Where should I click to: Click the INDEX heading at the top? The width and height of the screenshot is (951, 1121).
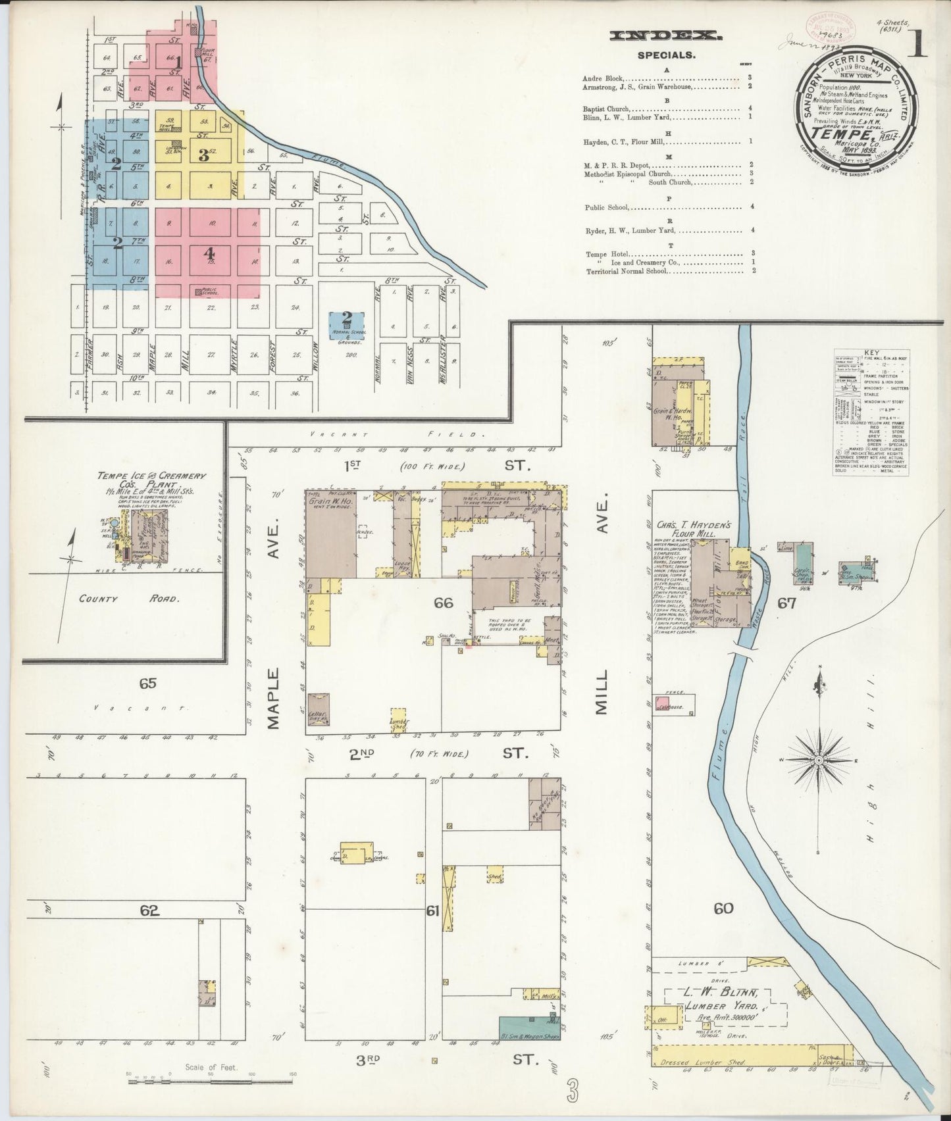pyautogui.click(x=666, y=37)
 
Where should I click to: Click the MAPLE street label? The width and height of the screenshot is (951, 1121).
pyautogui.click(x=274, y=698)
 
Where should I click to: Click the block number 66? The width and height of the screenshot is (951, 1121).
pyautogui.click(x=444, y=603)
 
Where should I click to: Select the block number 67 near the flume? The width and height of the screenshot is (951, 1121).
pyautogui.click(x=787, y=603)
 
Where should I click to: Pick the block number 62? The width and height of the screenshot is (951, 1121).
pyautogui.click(x=149, y=911)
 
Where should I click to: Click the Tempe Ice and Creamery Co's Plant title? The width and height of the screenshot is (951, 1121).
pyautogui.click(x=151, y=480)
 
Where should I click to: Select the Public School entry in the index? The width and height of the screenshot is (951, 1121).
pyautogui.click(x=607, y=207)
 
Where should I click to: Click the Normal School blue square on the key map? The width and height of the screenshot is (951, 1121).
pyautogui.click(x=347, y=326)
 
